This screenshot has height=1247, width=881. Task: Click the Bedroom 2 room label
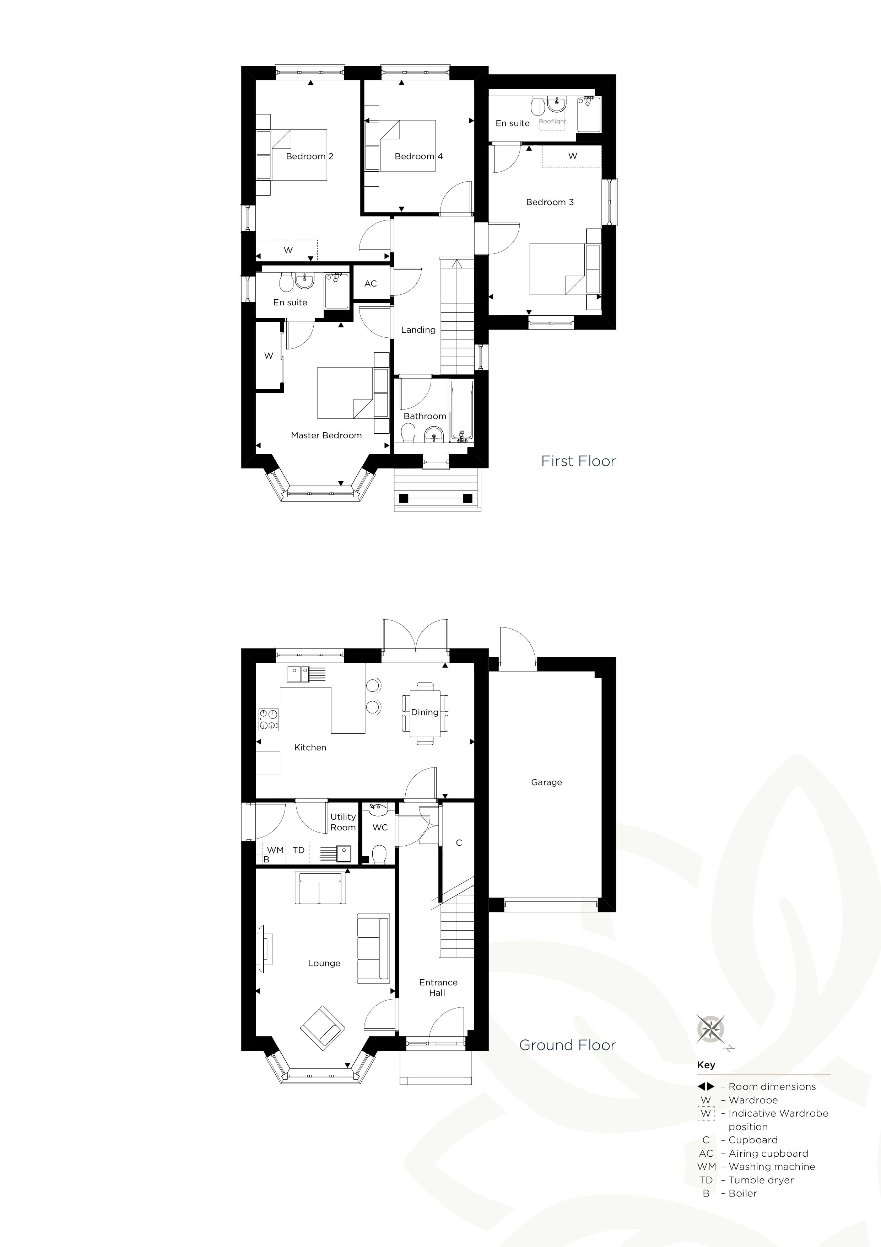pyautogui.click(x=309, y=156)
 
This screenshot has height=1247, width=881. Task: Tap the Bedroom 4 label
pyautogui.click(x=418, y=156)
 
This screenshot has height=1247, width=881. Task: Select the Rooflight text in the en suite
pyautogui.click(x=552, y=122)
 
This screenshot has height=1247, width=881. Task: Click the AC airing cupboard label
pyautogui.click(x=371, y=284)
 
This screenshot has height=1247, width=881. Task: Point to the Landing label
pyautogui.click(x=418, y=330)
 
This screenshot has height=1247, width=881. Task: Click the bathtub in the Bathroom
pyautogui.click(x=461, y=411)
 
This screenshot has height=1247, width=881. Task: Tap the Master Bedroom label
pyautogui.click(x=326, y=435)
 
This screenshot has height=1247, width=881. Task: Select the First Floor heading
pyautogui.click(x=579, y=461)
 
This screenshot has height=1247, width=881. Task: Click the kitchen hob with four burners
pyautogui.click(x=268, y=719)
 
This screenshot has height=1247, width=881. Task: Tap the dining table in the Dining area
pyautogui.click(x=425, y=713)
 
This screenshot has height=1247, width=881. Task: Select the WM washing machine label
pyautogui.click(x=275, y=850)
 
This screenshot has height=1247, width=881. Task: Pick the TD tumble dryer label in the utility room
pyautogui.click(x=298, y=850)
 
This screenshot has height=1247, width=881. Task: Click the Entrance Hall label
pyautogui.click(x=438, y=988)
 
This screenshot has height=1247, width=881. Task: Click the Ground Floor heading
pyautogui.click(x=568, y=1045)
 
